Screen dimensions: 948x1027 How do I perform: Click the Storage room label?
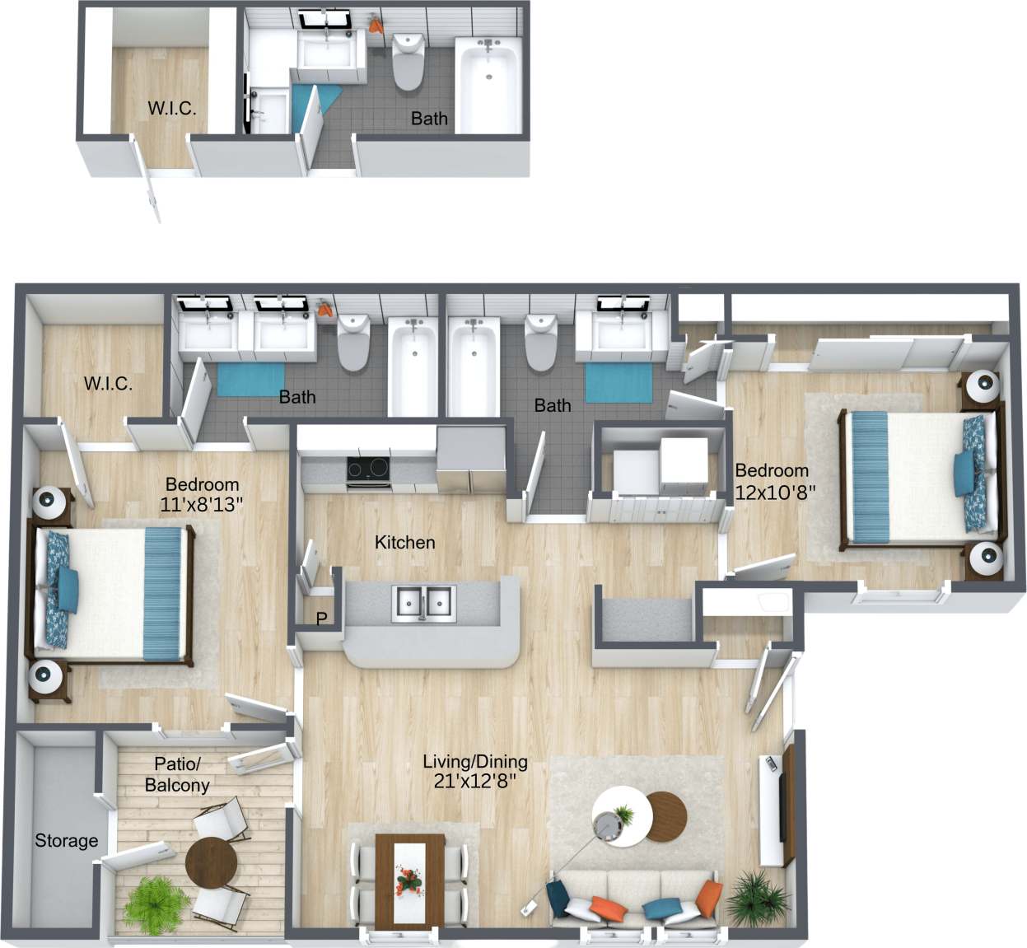[66, 841]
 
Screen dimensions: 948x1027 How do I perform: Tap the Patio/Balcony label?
[177, 775]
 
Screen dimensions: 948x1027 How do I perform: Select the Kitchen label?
[404, 542]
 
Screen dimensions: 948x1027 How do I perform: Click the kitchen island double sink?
[423, 603]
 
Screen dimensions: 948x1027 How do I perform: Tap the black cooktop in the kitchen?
[367, 469]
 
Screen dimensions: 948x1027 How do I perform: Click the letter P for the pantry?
[321, 619]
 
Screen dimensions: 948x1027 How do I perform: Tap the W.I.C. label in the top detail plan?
[171, 108]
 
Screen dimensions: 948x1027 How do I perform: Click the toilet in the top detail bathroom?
[407, 62]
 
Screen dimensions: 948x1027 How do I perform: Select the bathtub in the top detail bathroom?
[488, 86]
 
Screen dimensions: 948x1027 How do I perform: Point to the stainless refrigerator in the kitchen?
[470, 458]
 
